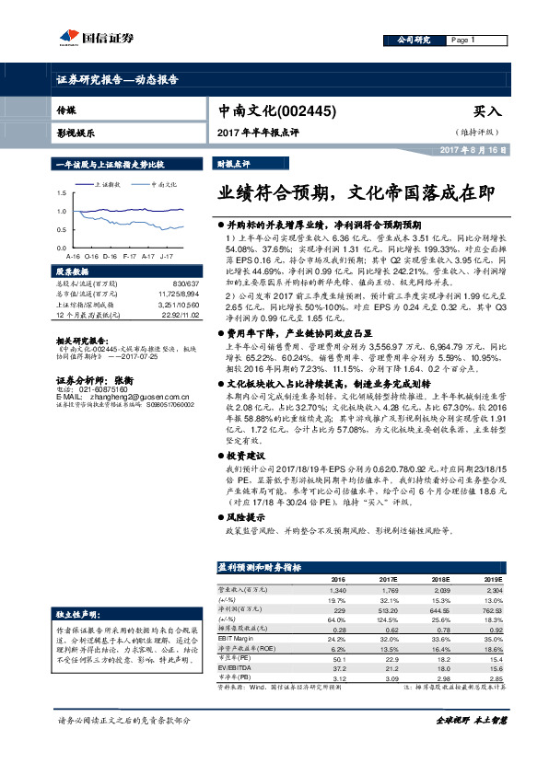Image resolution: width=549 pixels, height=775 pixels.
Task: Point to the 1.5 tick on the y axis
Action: (61, 193)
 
